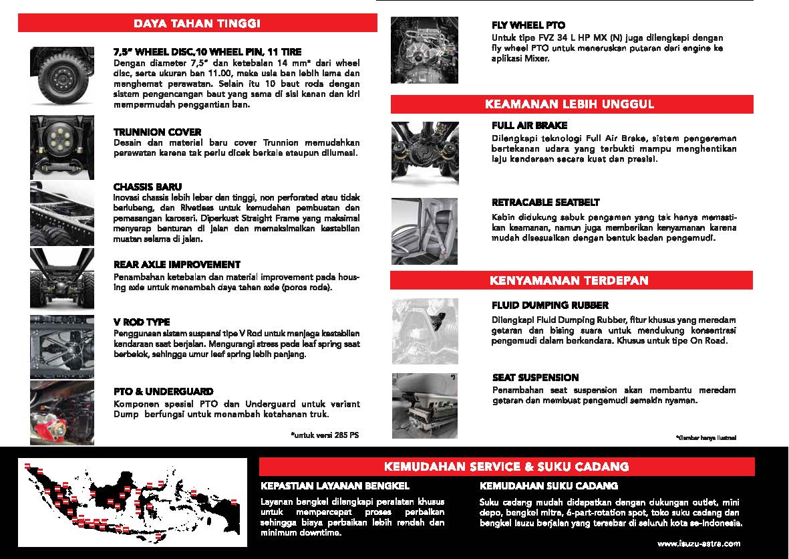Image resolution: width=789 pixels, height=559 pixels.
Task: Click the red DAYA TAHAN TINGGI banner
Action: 197,23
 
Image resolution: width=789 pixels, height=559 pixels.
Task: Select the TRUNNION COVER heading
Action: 157,132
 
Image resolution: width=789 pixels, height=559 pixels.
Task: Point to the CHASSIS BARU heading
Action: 148,187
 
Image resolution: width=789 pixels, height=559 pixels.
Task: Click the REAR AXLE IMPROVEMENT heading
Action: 177,265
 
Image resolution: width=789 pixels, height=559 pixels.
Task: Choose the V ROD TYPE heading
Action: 142,322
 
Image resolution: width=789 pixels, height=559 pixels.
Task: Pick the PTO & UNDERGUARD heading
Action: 164,392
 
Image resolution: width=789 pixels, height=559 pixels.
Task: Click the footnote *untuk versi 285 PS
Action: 325,435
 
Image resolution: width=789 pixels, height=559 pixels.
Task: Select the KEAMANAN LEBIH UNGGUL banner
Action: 572,104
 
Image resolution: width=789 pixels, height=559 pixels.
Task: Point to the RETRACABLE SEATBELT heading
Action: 545,203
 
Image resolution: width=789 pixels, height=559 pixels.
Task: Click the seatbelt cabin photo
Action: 424,231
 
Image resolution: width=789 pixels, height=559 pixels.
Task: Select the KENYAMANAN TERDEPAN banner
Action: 572,280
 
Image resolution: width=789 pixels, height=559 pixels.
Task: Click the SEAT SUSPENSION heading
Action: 535,378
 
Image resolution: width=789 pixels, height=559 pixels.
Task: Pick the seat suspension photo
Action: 424,404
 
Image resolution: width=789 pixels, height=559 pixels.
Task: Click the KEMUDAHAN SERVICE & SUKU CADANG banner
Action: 506,466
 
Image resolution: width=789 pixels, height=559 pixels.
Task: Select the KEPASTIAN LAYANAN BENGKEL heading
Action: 335,486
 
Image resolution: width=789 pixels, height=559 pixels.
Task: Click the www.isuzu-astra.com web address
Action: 698,543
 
